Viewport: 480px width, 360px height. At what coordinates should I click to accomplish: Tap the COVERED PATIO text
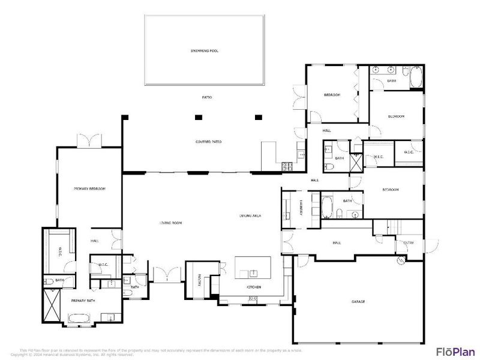point(209,142)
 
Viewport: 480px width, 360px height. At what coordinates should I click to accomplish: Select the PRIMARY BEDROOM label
point(89,189)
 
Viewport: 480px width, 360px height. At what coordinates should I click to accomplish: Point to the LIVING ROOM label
point(170,223)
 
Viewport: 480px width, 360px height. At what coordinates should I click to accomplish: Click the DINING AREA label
point(250,215)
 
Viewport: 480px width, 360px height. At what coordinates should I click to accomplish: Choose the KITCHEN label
point(254,288)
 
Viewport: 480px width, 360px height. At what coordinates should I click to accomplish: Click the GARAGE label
point(358,301)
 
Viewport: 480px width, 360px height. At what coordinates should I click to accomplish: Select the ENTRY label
point(409,242)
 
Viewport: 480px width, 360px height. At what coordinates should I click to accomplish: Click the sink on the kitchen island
point(253,274)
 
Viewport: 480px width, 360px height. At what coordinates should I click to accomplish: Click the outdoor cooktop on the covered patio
point(287,164)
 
